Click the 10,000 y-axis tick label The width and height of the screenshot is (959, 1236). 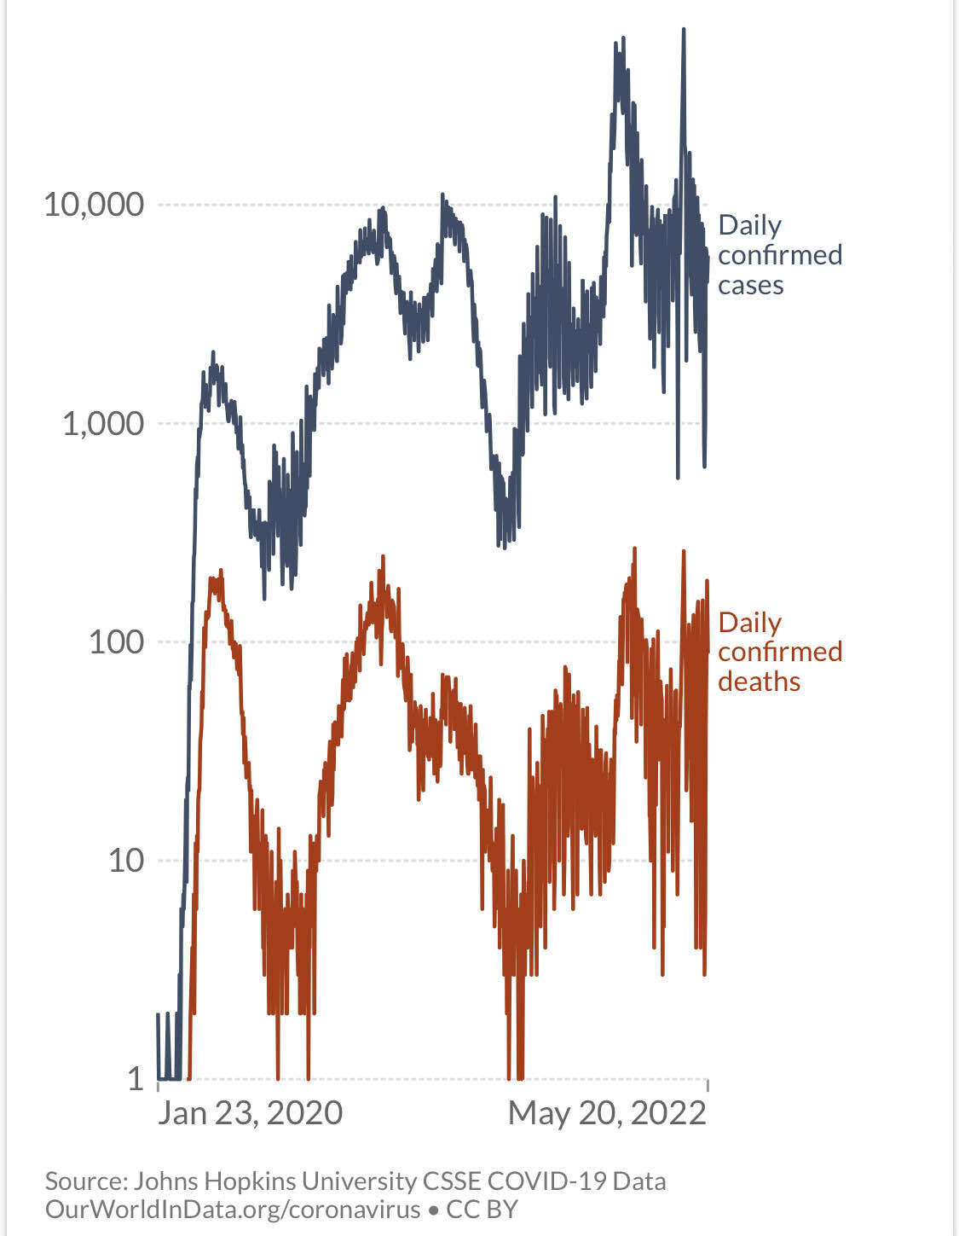pyautogui.click(x=94, y=205)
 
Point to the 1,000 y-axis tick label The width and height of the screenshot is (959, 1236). pyautogui.click(x=103, y=424)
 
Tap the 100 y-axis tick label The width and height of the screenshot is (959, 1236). pyautogui.click(x=117, y=641)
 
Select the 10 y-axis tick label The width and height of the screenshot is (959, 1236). pyautogui.click(x=126, y=860)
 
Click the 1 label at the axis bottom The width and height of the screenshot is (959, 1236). pyautogui.click(x=136, y=1079)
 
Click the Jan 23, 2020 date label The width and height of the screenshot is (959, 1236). pyautogui.click(x=250, y=1113)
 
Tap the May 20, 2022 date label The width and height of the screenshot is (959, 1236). pyautogui.click(x=607, y=1113)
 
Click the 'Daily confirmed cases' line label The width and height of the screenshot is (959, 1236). pyautogui.click(x=779, y=255)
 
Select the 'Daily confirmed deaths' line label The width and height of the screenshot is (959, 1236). pyautogui.click(x=779, y=652)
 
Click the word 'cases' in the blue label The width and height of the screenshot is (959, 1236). pyautogui.click(x=750, y=285)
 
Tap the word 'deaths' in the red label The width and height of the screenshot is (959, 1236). pyautogui.click(x=759, y=682)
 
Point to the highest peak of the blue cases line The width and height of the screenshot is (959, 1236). pyautogui.click(x=683, y=30)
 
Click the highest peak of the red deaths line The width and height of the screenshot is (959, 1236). pyautogui.click(x=634, y=548)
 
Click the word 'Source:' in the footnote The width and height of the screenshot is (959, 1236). pyautogui.click(x=85, y=1181)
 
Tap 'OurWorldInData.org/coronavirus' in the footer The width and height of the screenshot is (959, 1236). pyautogui.click(x=233, y=1210)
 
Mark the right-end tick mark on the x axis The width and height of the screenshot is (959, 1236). pyautogui.click(x=708, y=1085)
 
